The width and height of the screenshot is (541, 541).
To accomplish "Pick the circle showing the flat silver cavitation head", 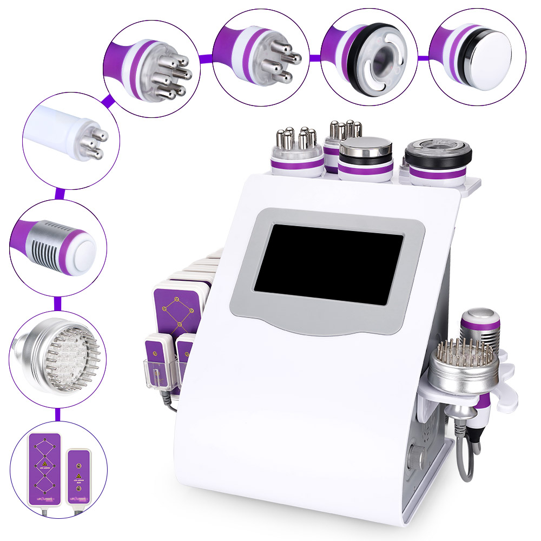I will point(476,52).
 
